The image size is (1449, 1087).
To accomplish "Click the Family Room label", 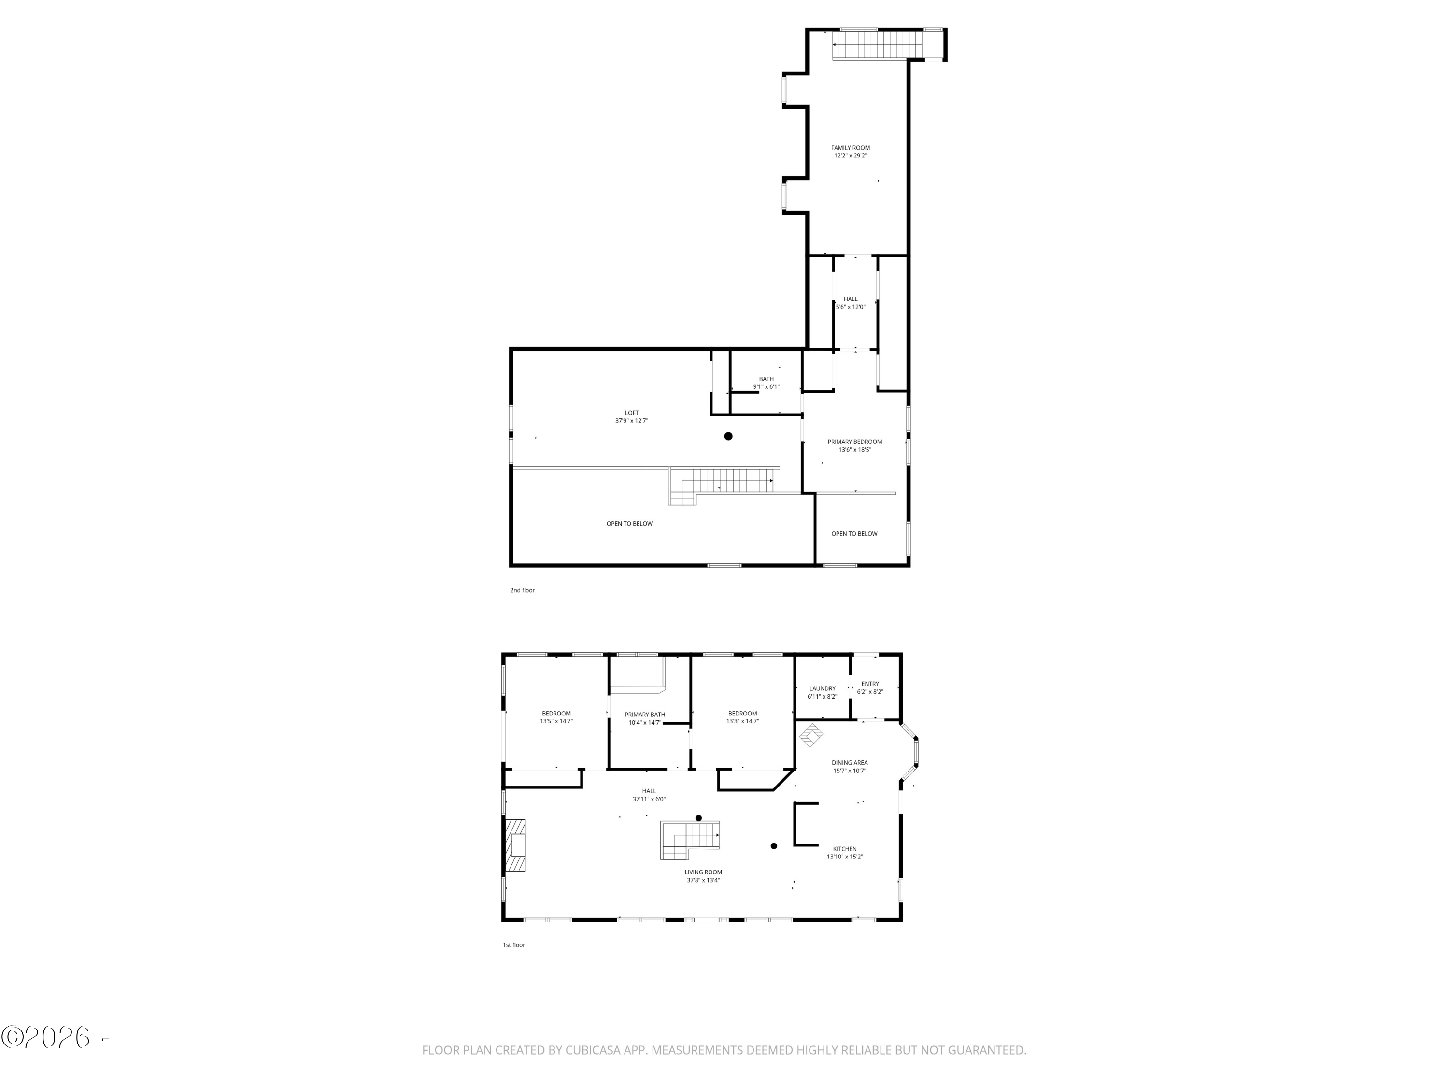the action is (850, 148).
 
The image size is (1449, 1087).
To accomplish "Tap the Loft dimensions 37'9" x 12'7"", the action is (631, 421).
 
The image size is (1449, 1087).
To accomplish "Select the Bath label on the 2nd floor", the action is (766, 379).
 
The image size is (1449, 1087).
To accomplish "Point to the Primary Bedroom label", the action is (854, 442).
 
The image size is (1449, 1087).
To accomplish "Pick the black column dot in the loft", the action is (728, 436).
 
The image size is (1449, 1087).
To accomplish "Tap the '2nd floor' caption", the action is (522, 590).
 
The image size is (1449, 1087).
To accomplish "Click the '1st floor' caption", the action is (513, 945).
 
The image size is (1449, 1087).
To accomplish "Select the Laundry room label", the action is (822, 688).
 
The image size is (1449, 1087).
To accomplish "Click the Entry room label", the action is (870, 684).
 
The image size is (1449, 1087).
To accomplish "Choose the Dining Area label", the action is (850, 763).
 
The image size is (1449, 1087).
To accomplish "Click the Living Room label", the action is (703, 872).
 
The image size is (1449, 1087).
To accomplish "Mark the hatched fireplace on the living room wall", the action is (515, 845).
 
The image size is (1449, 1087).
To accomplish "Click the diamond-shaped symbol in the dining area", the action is (811, 735).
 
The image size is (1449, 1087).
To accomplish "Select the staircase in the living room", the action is (690, 841).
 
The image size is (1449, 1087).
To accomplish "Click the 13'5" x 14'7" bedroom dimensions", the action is (556, 721).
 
